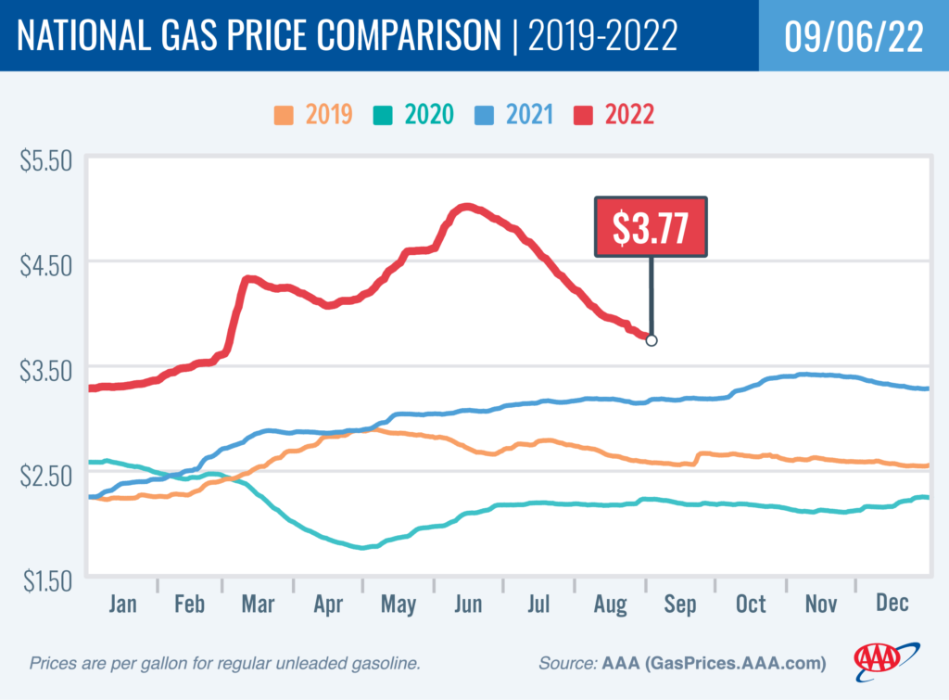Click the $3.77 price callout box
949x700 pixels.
(651, 227)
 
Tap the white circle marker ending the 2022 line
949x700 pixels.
(652, 340)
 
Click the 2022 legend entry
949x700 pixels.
(615, 116)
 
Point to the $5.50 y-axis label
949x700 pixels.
(45, 160)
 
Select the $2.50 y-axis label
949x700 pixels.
(45, 477)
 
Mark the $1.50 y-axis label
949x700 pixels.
(45, 581)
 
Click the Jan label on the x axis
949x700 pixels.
(122, 605)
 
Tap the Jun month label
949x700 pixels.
(468, 605)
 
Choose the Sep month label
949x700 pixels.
(679, 605)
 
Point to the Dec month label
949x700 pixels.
(891, 605)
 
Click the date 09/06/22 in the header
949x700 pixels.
(853, 35)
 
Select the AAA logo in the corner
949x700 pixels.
(887, 659)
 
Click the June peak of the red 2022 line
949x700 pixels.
(466, 207)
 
